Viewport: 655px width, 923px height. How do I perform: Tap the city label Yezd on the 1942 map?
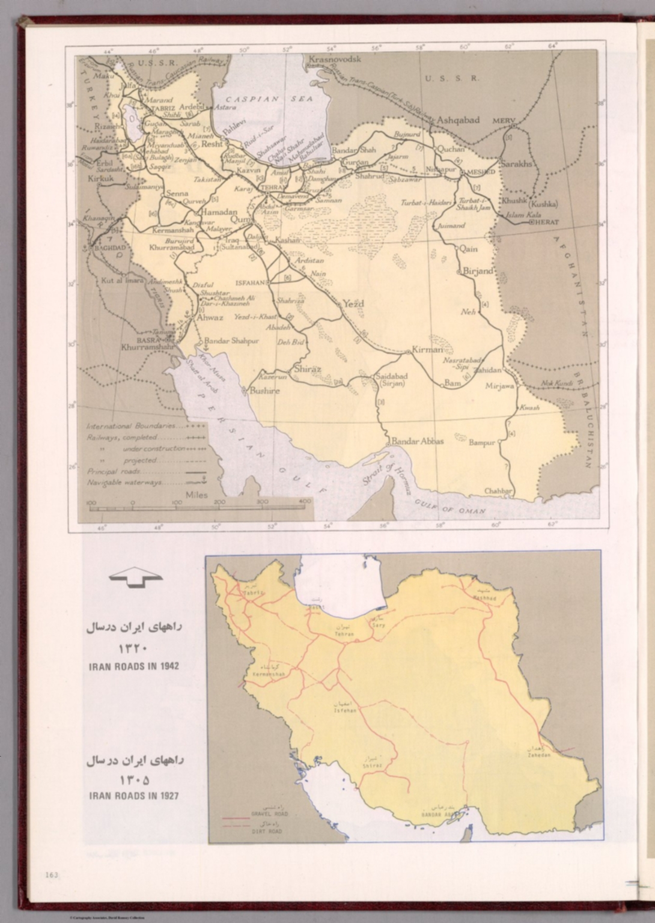[353, 303]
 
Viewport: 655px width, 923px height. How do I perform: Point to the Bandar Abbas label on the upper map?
[418, 441]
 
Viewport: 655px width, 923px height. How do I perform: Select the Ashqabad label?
[458, 120]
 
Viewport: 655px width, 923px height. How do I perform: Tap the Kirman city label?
[427, 349]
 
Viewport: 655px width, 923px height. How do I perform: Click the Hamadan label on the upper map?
[223, 213]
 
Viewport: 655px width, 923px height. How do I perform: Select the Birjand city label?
[478, 271]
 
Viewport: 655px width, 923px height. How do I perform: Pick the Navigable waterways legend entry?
[126, 483]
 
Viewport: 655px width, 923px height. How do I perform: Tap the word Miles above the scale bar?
[197, 495]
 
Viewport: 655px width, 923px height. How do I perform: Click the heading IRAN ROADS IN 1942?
[134, 666]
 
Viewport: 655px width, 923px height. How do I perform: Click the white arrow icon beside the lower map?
[136, 578]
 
